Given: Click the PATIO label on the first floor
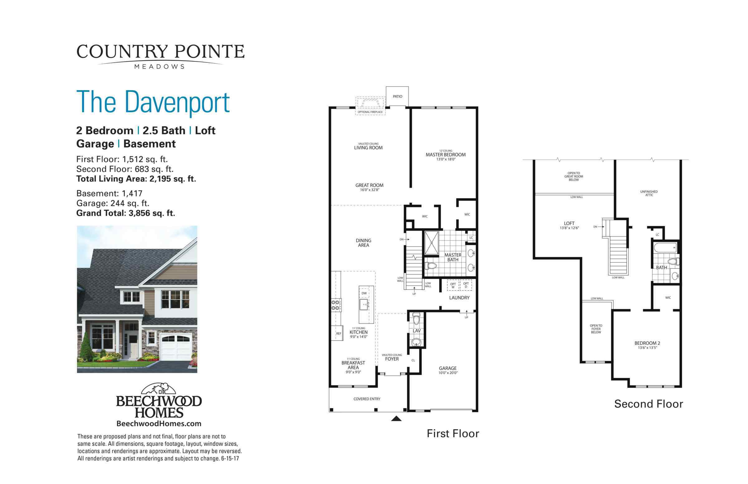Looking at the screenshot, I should [x=397, y=97].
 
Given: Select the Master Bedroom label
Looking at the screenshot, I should [x=445, y=155].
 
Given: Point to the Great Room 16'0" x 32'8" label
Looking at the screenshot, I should [x=369, y=187].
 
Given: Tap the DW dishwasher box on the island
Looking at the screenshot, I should [x=364, y=293].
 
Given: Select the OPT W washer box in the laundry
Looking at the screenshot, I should [x=453, y=285].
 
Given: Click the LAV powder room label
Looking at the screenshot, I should [x=416, y=331].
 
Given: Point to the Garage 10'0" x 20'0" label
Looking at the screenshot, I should [x=448, y=370].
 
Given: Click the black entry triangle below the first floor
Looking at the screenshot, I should [x=396, y=419].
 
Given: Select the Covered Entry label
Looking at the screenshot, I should [x=367, y=399].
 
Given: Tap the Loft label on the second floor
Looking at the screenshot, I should [x=569, y=223].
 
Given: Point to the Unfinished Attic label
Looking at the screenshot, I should [x=649, y=193].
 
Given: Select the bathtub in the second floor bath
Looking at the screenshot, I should [x=665, y=248].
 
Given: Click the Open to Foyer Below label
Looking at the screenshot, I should [x=596, y=329].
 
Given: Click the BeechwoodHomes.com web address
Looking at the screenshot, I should [x=159, y=423].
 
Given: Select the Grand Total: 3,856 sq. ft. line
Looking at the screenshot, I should [x=125, y=213].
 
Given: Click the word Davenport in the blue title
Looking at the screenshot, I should [x=177, y=102].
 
